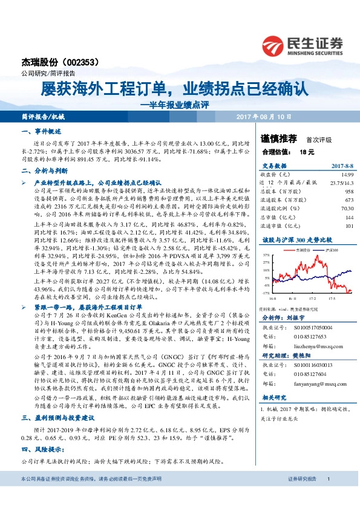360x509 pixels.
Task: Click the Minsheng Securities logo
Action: point(302,44)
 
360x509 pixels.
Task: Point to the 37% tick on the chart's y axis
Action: point(266,256)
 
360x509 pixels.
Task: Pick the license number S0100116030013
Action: point(305,365)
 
